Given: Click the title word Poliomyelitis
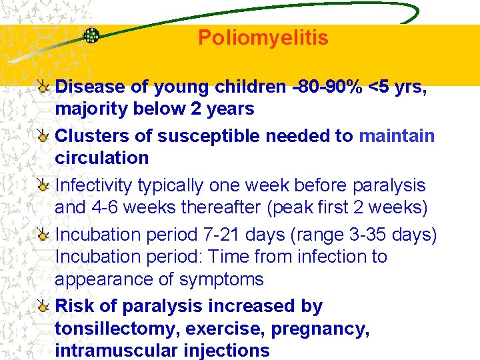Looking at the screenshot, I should pyautogui.click(x=263, y=38).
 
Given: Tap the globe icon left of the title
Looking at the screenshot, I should pyautogui.click(x=91, y=36).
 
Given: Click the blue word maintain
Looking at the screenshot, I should pyautogui.click(x=397, y=136).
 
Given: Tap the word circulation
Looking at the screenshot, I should pyautogui.click(x=101, y=158).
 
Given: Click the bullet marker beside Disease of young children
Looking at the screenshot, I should pyautogui.click(x=43, y=87).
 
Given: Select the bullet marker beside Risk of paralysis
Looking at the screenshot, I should pyautogui.click(x=43, y=307).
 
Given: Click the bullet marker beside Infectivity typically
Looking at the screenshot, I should pyautogui.click(x=43, y=185).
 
